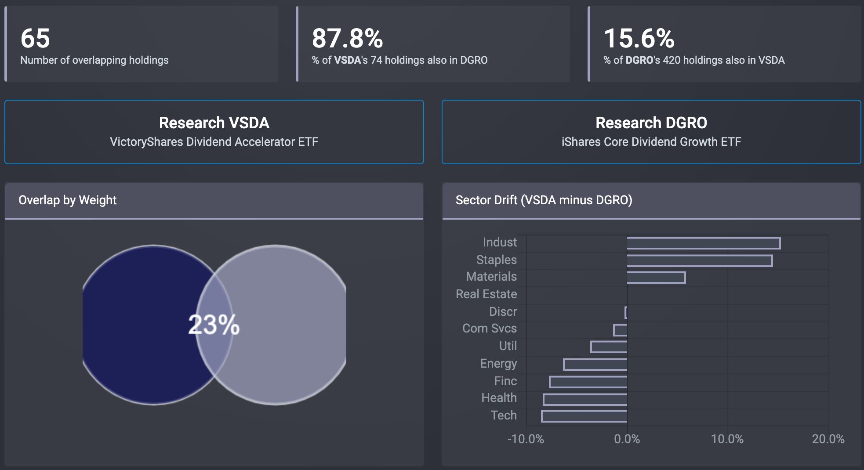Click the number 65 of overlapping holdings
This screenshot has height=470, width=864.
pos(35,38)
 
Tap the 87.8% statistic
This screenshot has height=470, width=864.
pos(347,38)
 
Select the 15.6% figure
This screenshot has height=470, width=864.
pos(639,38)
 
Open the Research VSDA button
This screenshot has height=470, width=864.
pos(214,132)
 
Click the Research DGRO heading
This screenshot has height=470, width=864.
pos(651,123)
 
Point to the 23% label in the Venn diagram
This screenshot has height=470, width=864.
pos(214,325)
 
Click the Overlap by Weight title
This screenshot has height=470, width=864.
pos(67,200)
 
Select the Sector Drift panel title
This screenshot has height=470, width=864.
pos(544,200)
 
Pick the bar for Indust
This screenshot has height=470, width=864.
pos(703,243)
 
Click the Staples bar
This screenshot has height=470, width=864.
pos(699,260)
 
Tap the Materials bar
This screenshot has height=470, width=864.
pos(656,277)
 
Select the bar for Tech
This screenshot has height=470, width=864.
pos(584,416)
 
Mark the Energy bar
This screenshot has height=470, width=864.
pos(595,364)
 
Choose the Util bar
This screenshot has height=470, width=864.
pos(609,347)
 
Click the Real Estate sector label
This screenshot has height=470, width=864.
pos(486,294)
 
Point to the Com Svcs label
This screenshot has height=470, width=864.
pos(489,329)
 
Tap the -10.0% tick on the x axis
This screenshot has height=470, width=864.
pos(526,439)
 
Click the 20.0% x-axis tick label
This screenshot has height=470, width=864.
pos(828,439)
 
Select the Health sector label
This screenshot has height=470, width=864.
pos(499,398)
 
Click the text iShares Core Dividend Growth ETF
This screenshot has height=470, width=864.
pos(651,142)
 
